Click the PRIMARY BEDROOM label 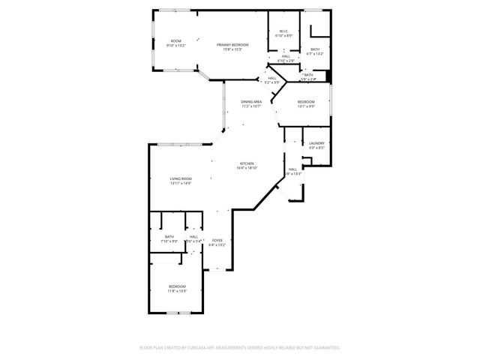pos(232,45)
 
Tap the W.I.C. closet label pos(283,31)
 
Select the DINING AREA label pos(251,101)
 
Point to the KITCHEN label pos(247,163)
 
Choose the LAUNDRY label pos(316,143)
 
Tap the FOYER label pos(217,240)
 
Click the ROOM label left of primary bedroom pos(175,41)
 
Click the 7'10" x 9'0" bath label pos(169,237)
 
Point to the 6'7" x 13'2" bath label pos(316,49)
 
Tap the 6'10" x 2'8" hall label pos(286,56)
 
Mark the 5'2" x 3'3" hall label pos(272,78)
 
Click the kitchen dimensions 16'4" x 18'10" pos(247,168)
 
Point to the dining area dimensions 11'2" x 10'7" pos(251,106)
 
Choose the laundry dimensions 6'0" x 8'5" pos(316,148)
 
